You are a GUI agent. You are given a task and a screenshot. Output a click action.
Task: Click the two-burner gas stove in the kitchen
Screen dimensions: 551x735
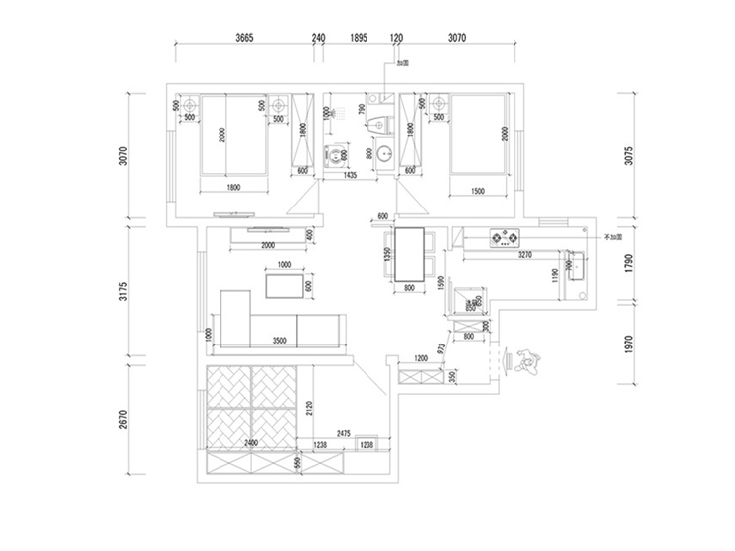pyautogui.click(x=503, y=238)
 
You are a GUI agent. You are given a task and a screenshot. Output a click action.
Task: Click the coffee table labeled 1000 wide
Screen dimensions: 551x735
pyautogui.click(x=284, y=286)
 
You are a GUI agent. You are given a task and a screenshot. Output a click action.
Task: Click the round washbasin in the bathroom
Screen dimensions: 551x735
pyautogui.click(x=383, y=154)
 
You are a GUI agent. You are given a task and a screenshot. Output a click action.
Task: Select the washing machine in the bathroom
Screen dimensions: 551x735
pyautogui.click(x=338, y=156)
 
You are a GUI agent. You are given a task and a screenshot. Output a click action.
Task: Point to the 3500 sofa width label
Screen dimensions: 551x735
pyautogui.click(x=279, y=341)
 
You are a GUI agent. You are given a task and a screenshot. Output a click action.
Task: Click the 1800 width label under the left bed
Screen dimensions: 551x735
pyautogui.click(x=234, y=187)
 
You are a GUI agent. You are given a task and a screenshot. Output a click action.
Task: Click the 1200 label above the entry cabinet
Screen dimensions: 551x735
pyautogui.click(x=420, y=357)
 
